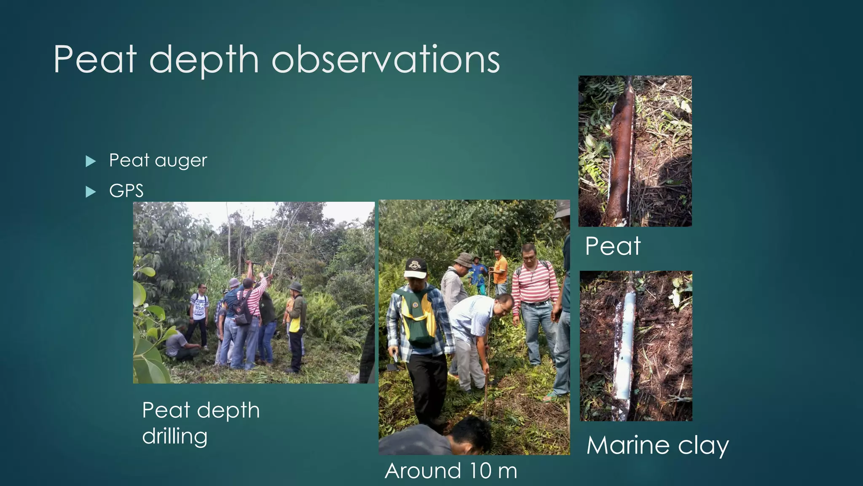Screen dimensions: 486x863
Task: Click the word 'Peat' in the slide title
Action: pos(95,60)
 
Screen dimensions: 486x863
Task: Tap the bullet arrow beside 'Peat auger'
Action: pos(91,161)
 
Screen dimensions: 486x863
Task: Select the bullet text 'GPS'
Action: pos(126,191)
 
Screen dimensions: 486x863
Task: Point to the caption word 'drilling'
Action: pos(174,436)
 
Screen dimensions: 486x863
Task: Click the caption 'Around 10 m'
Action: pos(451,471)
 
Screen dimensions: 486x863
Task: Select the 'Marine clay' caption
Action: pos(657,445)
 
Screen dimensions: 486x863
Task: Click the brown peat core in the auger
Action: pos(621,152)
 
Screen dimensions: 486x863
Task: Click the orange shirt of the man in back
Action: pos(500,270)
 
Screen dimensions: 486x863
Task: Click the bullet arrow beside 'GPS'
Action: pos(91,192)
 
